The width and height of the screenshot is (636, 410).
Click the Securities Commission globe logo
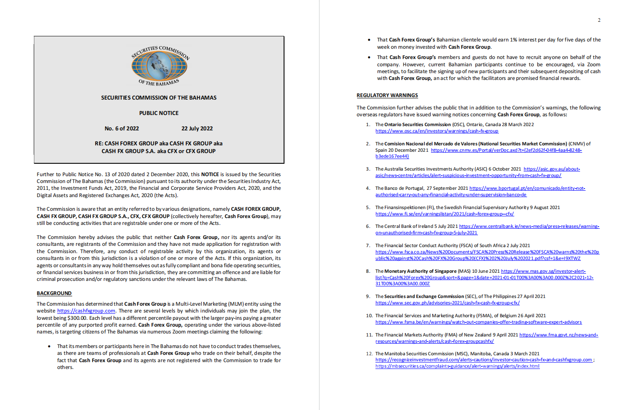coord(159,65)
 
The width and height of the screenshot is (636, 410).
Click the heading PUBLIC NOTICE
coord(159,113)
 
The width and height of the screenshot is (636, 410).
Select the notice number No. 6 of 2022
coord(122,129)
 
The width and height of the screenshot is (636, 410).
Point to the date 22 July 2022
coord(197,129)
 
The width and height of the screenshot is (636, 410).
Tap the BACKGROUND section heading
coord(54,293)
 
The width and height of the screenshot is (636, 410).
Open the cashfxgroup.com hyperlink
coord(86,311)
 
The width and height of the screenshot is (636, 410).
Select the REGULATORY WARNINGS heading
coord(387,95)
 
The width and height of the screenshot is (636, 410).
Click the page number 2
coord(599,20)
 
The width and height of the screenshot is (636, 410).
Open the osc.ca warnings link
coord(437,131)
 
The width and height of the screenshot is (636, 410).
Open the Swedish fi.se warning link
coord(445,214)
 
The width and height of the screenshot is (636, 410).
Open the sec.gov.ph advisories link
coord(447,303)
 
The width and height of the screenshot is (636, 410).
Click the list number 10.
coord(369,316)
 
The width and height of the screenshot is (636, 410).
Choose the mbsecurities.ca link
coord(457,366)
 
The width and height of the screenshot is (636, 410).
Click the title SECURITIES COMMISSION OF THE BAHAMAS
coord(159,98)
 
